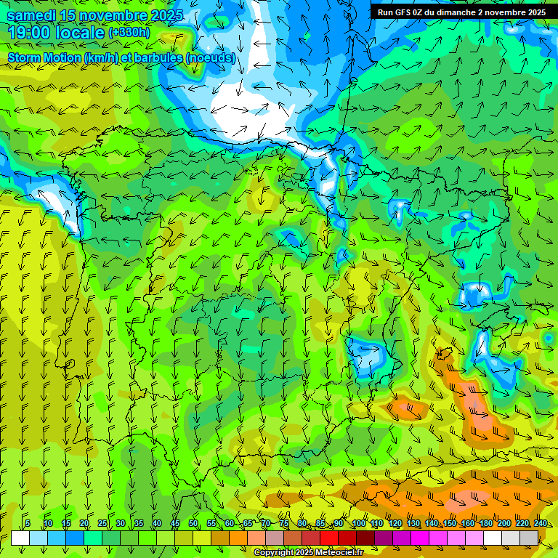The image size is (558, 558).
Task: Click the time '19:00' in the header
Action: coord(33,33)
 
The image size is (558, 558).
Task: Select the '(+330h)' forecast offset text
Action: coord(129,33)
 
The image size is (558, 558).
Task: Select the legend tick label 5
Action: coord(28,524)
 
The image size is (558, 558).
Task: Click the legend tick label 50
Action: coord(193,524)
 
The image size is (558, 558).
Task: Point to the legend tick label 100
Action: coord(358,524)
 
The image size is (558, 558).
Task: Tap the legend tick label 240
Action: coord(541,524)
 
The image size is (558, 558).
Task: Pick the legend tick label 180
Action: coord(485,524)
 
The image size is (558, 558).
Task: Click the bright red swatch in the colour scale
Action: coord(329,538)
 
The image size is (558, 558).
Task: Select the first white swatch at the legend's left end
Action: coord(20,538)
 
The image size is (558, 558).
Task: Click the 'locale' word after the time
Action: coord(80,33)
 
